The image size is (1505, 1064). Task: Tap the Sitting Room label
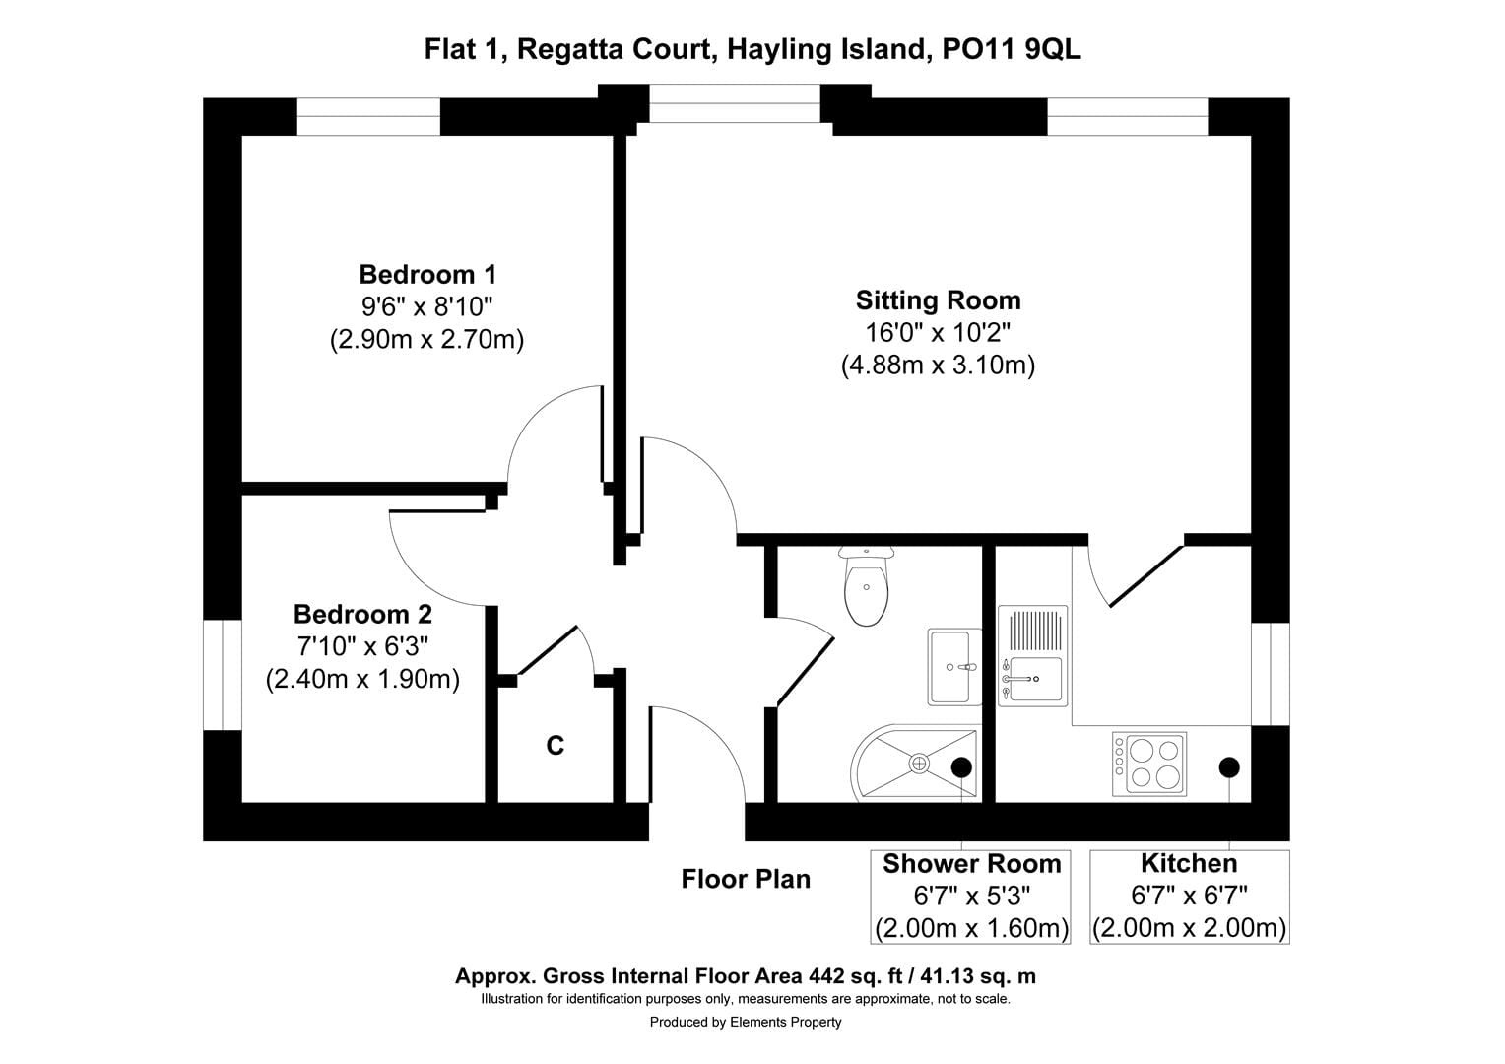pos(938,300)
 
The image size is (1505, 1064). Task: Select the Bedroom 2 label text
pos(362,615)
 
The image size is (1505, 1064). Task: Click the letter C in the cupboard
pos(556,746)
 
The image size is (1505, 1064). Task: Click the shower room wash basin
pos(953,667)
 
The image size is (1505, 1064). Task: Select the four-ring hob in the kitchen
pos(1149,764)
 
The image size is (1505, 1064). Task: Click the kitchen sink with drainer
pos(1032,656)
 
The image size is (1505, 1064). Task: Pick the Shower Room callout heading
pos(971,864)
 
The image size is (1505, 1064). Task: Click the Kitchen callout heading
pos(1189,864)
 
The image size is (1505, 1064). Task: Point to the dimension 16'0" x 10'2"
pos(938,333)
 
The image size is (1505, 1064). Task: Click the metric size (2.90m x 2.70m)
pos(426,340)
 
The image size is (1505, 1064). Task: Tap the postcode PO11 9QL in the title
pos(1012,49)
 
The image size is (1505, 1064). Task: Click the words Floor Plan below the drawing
pos(746,879)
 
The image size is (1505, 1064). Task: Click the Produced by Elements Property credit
pos(746,1022)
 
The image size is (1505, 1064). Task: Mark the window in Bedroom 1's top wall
pos(368,116)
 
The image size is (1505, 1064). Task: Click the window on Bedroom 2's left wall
pos(223,675)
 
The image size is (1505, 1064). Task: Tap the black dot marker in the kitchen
pos(1228,766)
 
